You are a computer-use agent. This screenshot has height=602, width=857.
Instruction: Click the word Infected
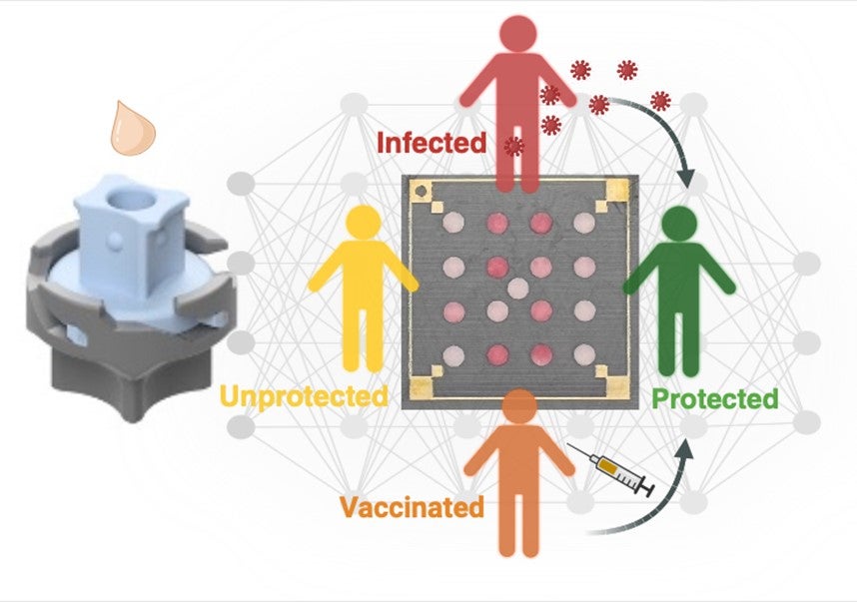(431, 143)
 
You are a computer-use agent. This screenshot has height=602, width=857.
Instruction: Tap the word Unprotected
(304, 396)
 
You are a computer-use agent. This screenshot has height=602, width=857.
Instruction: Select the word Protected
(715, 398)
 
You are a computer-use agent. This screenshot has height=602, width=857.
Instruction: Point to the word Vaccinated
(413, 507)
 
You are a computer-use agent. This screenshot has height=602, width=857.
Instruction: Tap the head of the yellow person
(363, 223)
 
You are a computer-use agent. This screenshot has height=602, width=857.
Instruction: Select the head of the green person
(679, 225)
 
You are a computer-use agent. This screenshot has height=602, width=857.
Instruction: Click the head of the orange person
(519, 406)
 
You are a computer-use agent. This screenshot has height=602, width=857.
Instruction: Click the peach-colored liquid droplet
(133, 129)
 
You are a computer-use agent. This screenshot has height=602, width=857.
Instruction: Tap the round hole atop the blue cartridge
(131, 201)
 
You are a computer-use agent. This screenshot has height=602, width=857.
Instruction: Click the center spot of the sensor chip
(517, 289)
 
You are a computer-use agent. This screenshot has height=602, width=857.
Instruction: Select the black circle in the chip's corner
(422, 192)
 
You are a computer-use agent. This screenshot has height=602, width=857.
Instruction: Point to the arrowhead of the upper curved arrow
(685, 179)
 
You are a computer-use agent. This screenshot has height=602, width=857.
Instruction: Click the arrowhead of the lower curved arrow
(686, 447)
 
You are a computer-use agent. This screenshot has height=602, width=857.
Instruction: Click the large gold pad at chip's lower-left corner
(422, 386)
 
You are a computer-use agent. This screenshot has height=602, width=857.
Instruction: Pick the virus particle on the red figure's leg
(513, 146)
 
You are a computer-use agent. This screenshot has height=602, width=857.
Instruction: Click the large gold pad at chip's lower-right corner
(617, 385)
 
